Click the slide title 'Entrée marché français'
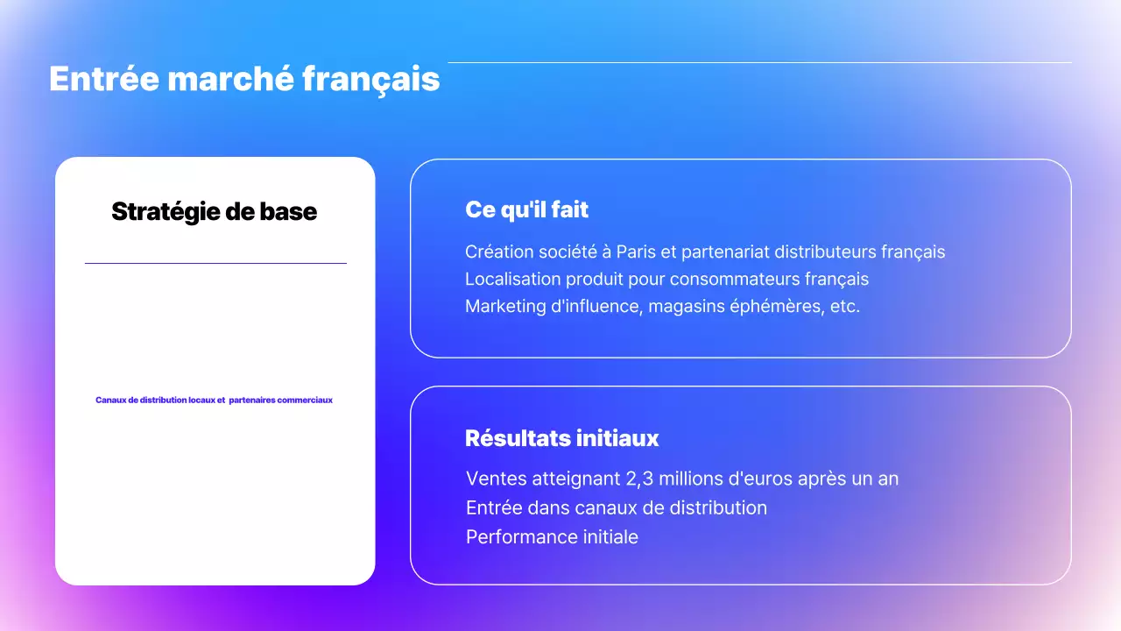(x=244, y=79)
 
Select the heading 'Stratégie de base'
(x=215, y=211)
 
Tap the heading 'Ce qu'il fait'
(x=526, y=210)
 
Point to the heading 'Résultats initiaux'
(x=561, y=437)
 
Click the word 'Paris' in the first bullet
(x=636, y=252)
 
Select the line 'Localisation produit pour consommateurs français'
(x=666, y=280)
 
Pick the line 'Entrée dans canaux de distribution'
(x=617, y=507)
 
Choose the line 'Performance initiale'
(x=552, y=536)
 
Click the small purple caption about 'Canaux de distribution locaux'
(x=215, y=400)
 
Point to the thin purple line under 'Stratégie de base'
(x=215, y=263)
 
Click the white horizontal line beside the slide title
(x=759, y=63)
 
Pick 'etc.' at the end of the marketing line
(x=843, y=308)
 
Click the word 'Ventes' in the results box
(x=493, y=479)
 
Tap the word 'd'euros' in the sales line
(x=765, y=479)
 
